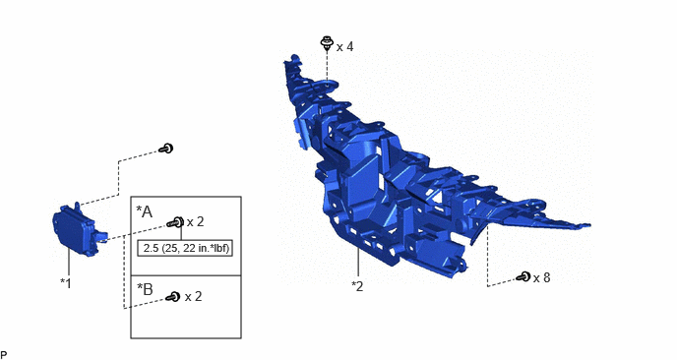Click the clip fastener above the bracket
[327, 43]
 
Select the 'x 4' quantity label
[345, 46]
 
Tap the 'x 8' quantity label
[541, 278]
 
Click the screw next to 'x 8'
[523, 276]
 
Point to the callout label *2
[357, 286]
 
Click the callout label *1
[66, 283]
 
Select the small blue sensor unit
[79, 229]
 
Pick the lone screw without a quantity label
[166, 149]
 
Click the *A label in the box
[145, 211]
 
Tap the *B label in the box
[145, 289]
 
